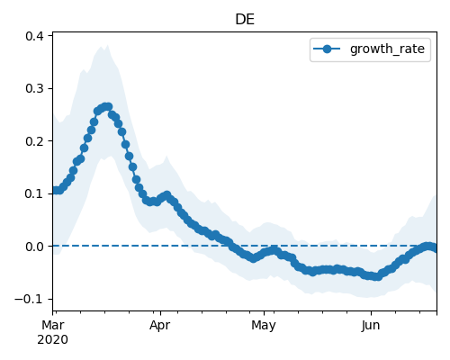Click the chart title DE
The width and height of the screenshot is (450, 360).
[x=245, y=20]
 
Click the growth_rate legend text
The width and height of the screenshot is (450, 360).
[x=387, y=49]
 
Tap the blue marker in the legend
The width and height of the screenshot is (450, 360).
[x=327, y=49]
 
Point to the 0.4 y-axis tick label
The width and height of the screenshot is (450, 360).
[x=34, y=36]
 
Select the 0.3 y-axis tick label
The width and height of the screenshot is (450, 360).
[x=34, y=88]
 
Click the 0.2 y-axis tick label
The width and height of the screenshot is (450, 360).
[x=34, y=141]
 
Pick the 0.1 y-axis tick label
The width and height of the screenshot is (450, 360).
[x=34, y=193]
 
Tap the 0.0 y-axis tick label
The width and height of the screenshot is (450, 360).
[x=34, y=247]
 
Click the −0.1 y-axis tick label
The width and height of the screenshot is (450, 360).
[x=29, y=299]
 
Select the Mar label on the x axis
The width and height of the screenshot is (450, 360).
[x=53, y=325]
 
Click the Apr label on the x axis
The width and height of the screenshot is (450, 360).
[x=160, y=326]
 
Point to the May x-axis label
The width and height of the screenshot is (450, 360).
[x=264, y=326]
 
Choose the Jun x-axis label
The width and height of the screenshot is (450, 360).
[x=371, y=325]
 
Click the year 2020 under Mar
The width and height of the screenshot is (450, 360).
[x=53, y=340]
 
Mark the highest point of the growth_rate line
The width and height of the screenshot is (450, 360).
[x=108, y=106]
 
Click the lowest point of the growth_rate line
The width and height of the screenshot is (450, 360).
[x=378, y=277]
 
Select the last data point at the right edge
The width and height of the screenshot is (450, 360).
[x=435, y=248]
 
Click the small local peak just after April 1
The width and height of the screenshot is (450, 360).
[x=167, y=195]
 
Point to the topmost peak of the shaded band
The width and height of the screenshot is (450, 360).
[x=108, y=46]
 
